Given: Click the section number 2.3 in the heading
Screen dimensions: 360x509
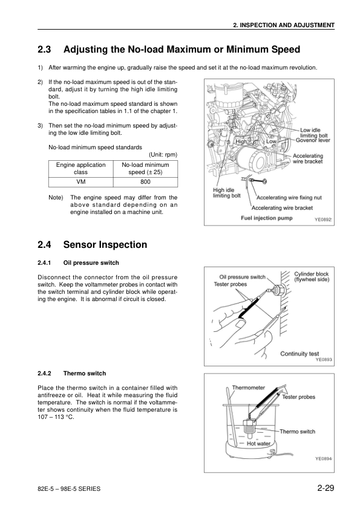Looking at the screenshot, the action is (x=45, y=50).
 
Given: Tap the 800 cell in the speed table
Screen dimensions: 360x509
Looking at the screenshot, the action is (x=145, y=182).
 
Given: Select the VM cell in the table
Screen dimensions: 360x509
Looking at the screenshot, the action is (x=80, y=182).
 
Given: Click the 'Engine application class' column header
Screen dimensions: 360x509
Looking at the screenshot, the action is (x=80, y=169).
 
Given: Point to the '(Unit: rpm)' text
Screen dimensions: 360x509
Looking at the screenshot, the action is (x=163, y=155).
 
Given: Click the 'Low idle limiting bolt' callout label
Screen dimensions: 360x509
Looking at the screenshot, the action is (x=314, y=133).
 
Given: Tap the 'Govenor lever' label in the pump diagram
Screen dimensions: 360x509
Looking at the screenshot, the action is (x=313, y=140).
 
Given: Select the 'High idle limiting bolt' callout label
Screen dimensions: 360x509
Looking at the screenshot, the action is (x=227, y=193).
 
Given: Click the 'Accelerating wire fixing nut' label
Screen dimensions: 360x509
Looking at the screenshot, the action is (x=289, y=197).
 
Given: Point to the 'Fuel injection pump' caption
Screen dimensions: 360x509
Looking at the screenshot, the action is (x=266, y=218).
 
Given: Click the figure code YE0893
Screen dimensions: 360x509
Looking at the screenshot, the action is (x=323, y=360).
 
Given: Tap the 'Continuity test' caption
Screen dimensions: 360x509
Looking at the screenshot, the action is (x=299, y=354).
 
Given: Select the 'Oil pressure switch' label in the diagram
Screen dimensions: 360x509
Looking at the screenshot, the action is (x=243, y=277).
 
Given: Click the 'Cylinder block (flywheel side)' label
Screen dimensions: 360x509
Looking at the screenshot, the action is (x=312, y=277).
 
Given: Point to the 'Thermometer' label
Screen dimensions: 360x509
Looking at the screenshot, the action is (x=248, y=387).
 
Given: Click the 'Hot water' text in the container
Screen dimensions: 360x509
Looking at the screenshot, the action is (x=258, y=444).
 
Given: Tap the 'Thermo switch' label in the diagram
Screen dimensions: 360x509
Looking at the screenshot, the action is (x=297, y=432).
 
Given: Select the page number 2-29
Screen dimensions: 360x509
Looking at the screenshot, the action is (x=326, y=488).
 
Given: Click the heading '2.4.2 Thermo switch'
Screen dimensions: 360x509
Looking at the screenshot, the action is (x=72, y=374).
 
